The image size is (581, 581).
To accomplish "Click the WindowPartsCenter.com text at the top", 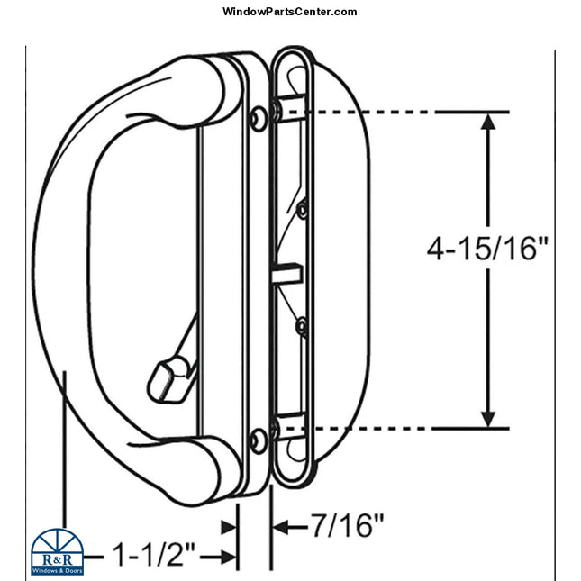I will (289, 12).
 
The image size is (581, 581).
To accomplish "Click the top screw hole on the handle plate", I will (259, 116).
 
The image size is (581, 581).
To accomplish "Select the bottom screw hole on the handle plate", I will (259, 440).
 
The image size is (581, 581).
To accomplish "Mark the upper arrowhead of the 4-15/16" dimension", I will (488, 122).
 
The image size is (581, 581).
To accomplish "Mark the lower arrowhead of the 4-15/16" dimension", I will (488, 417).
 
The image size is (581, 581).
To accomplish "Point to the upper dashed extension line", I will (378, 112).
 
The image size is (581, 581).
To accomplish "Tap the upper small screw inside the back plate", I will (303, 210).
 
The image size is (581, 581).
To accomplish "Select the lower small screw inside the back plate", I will (303, 325).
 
